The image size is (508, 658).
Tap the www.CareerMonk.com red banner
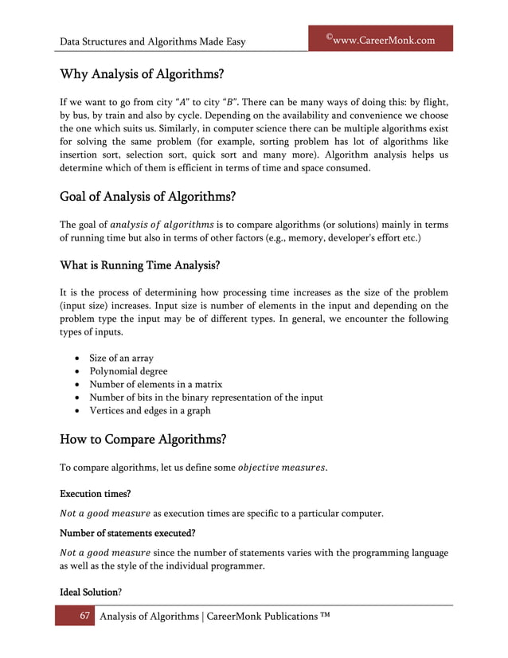[x=380, y=39]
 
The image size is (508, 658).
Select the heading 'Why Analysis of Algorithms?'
[x=142, y=75]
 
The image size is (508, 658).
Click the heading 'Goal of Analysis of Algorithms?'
[x=148, y=198]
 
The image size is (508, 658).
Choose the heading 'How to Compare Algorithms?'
[x=143, y=439]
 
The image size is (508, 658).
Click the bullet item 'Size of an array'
[x=121, y=358]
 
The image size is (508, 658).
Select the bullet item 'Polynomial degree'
[x=129, y=371]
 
